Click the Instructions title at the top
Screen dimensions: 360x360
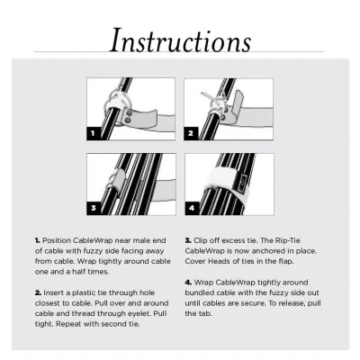coord(180,40)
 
